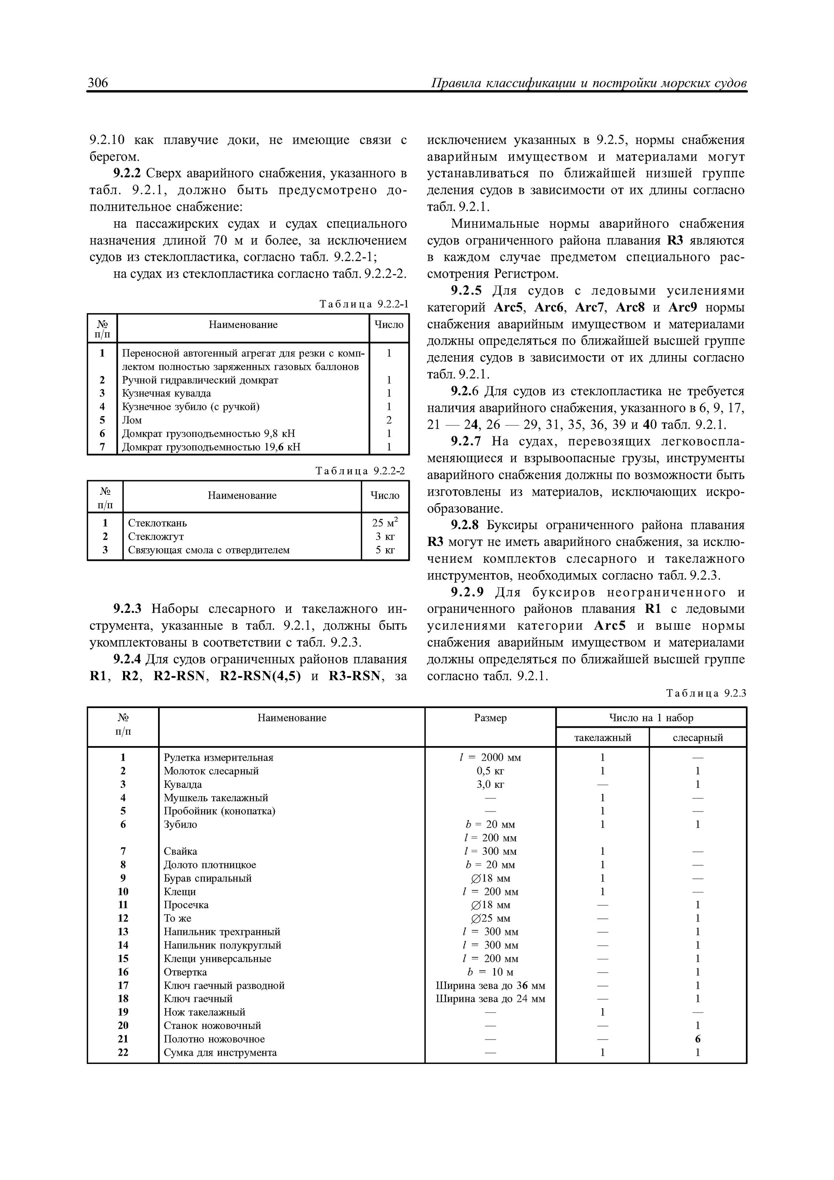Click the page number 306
[x=98, y=83]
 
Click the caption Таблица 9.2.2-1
[x=363, y=304]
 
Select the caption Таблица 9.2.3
[x=705, y=693]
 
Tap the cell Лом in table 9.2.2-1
[x=132, y=420]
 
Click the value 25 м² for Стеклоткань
[x=385, y=523]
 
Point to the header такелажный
[x=602, y=737]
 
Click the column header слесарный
[x=697, y=737]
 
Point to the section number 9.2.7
[x=466, y=441]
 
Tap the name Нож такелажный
[x=204, y=1012]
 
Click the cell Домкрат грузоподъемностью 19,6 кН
[x=211, y=446]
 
